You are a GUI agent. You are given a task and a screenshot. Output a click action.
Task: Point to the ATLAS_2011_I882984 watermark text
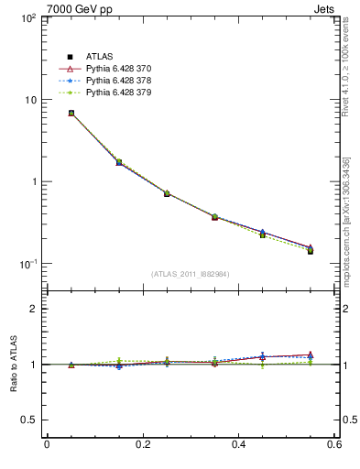191,274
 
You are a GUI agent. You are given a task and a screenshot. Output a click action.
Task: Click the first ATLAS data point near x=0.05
71,114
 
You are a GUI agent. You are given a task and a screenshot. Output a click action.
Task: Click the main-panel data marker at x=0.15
119,162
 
